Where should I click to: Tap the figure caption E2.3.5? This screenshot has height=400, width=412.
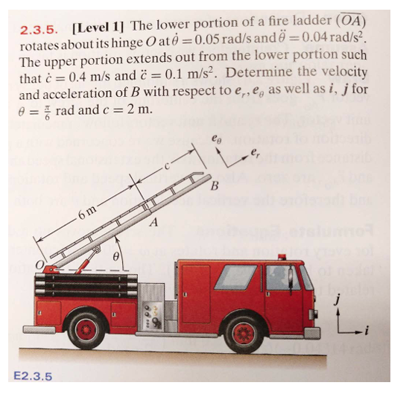click(33, 375)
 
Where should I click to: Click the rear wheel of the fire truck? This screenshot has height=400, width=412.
click(88, 328)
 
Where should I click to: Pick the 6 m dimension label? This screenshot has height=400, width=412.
click(87, 217)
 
